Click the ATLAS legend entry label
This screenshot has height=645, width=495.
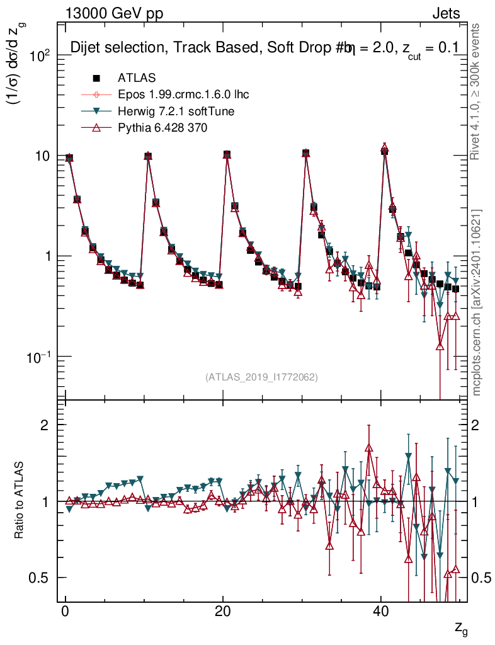[137, 78]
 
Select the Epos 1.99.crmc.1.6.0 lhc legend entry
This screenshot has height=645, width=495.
[183, 95]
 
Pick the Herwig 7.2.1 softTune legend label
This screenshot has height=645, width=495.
[176, 111]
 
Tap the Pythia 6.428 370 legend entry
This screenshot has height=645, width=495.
[162, 128]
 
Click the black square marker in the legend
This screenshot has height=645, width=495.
[97, 78]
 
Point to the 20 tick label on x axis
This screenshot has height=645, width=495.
[222, 614]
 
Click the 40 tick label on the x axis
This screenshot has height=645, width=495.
[380, 614]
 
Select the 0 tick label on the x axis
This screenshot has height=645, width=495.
[65, 614]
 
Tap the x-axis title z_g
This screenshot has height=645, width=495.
[460, 627]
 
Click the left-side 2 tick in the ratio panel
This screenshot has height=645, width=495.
[44, 425]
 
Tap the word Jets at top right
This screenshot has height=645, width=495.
[445, 13]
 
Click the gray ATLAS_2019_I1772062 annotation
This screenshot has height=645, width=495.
[261, 377]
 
